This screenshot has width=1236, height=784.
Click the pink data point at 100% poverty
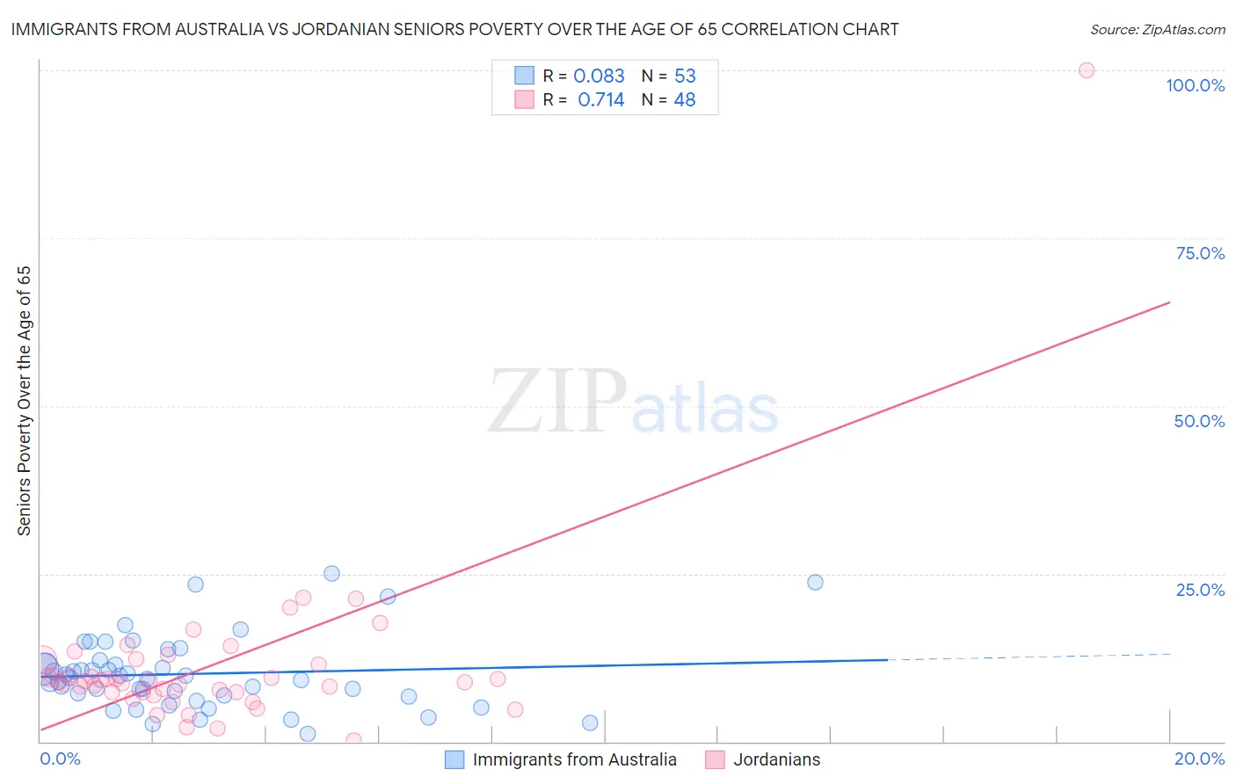coord(1087,70)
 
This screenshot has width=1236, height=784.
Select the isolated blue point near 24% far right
coord(815,582)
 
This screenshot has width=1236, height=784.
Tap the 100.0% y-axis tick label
coord(1195,85)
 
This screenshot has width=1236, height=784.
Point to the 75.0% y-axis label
coord(1200,253)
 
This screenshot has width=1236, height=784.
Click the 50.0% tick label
coord(1199,421)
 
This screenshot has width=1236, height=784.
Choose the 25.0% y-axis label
coord(1200,590)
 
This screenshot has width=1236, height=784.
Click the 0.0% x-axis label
coord(60,759)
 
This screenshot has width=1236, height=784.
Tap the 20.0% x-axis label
coord(1199,759)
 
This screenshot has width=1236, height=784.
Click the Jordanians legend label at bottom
coord(776,759)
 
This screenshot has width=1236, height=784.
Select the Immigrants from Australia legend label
coord(574,759)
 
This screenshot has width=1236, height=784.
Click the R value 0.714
coord(600,100)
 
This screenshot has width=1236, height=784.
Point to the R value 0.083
coord(599,76)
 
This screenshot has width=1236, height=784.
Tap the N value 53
coord(685,76)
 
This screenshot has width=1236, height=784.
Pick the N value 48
coord(685,100)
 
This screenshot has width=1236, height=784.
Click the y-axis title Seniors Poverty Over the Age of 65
coord(24,401)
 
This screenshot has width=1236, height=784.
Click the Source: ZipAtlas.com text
coord(1157,30)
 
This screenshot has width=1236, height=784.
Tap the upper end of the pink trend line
coord(1169,302)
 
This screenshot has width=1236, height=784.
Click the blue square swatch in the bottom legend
coord(454,759)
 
